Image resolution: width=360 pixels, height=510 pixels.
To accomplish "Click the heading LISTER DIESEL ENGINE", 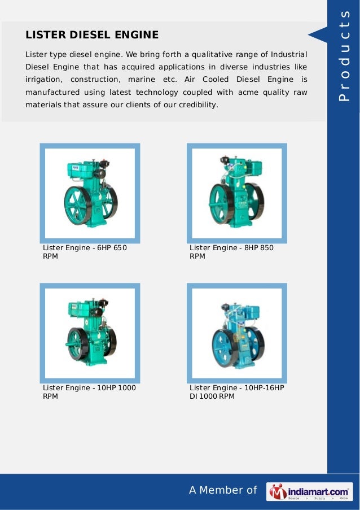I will click(92, 35).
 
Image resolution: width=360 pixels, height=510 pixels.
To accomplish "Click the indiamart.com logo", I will click(310, 491).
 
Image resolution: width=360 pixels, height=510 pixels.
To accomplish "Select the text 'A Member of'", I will click(222, 490).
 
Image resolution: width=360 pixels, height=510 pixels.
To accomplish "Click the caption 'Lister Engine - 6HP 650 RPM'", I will click(85, 252).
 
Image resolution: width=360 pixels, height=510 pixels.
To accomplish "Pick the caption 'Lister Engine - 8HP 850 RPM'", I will click(231, 252).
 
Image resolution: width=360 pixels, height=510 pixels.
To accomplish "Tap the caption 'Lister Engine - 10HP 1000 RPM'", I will click(89, 392).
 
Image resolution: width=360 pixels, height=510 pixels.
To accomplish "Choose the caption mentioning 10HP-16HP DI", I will click(236, 392).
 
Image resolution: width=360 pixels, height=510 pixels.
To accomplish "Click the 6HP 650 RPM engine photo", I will click(90, 193).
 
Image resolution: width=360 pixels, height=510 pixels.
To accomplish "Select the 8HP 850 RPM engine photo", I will click(236, 193).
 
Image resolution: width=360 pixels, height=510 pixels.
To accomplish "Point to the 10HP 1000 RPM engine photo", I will click(90, 333).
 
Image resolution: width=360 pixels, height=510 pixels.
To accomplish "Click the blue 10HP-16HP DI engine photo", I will click(236, 333).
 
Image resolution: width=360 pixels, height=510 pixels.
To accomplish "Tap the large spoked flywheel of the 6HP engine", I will click(78, 206).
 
